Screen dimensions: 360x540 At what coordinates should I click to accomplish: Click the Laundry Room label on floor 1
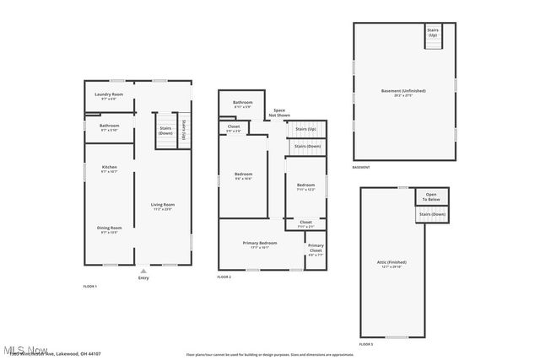pyautogui.click(x=109, y=95)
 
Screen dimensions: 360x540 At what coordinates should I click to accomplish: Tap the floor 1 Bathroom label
pyautogui.click(x=109, y=126)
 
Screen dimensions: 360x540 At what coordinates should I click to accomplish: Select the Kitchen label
pyautogui.click(x=109, y=169)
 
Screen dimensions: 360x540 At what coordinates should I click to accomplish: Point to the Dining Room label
pyautogui.click(x=111, y=228)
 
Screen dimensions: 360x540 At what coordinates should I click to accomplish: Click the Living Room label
pyautogui.click(x=162, y=206)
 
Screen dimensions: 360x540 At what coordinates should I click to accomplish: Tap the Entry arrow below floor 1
pyautogui.click(x=143, y=272)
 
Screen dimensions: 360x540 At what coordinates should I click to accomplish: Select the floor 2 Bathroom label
pyautogui.click(x=243, y=104)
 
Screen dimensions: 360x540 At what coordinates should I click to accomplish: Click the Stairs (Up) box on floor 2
pyautogui.click(x=305, y=129)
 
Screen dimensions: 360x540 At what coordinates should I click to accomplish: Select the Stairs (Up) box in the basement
pyautogui.click(x=433, y=35)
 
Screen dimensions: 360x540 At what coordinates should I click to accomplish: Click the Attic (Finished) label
pyautogui.click(x=392, y=265)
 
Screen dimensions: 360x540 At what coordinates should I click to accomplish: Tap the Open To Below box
pyautogui.click(x=430, y=196)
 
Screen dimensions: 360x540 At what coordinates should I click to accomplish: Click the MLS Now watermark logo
pyautogui.click(x=25, y=350)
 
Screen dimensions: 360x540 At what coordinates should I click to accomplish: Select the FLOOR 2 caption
pyautogui.click(x=224, y=277)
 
